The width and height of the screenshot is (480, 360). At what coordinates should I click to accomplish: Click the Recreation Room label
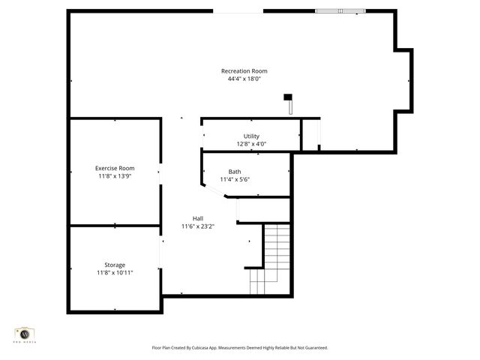coord(244,71)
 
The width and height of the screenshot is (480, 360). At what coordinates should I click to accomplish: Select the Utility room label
coord(251,136)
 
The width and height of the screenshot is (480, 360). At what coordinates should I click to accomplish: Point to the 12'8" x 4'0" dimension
coord(251,144)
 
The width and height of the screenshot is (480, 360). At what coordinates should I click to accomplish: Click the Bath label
coord(235,172)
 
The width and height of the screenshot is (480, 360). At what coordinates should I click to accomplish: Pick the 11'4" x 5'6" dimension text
coord(235,179)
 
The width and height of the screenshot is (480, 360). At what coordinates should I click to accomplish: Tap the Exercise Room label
coord(115,168)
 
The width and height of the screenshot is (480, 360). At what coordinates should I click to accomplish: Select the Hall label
coord(197,218)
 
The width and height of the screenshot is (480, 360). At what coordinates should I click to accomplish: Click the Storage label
coord(115,265)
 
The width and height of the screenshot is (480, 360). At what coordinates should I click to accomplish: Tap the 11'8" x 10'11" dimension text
coord(115,272)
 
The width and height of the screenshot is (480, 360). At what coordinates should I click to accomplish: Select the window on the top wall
coord(340,11)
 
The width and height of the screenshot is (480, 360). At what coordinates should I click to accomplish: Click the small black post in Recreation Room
coord(287,97)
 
